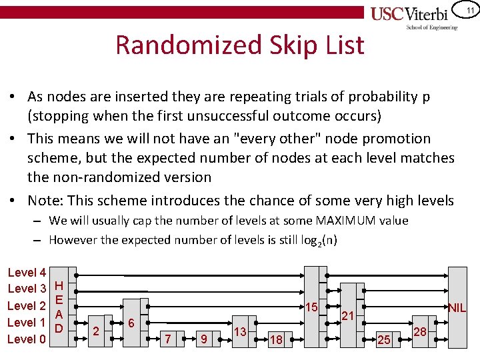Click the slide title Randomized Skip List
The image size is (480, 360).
[x=240, y=45]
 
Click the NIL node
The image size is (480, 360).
[x=457, y=307]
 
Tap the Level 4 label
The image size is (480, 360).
[x=27, y=273]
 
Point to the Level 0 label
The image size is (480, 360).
[x=27, y=339]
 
